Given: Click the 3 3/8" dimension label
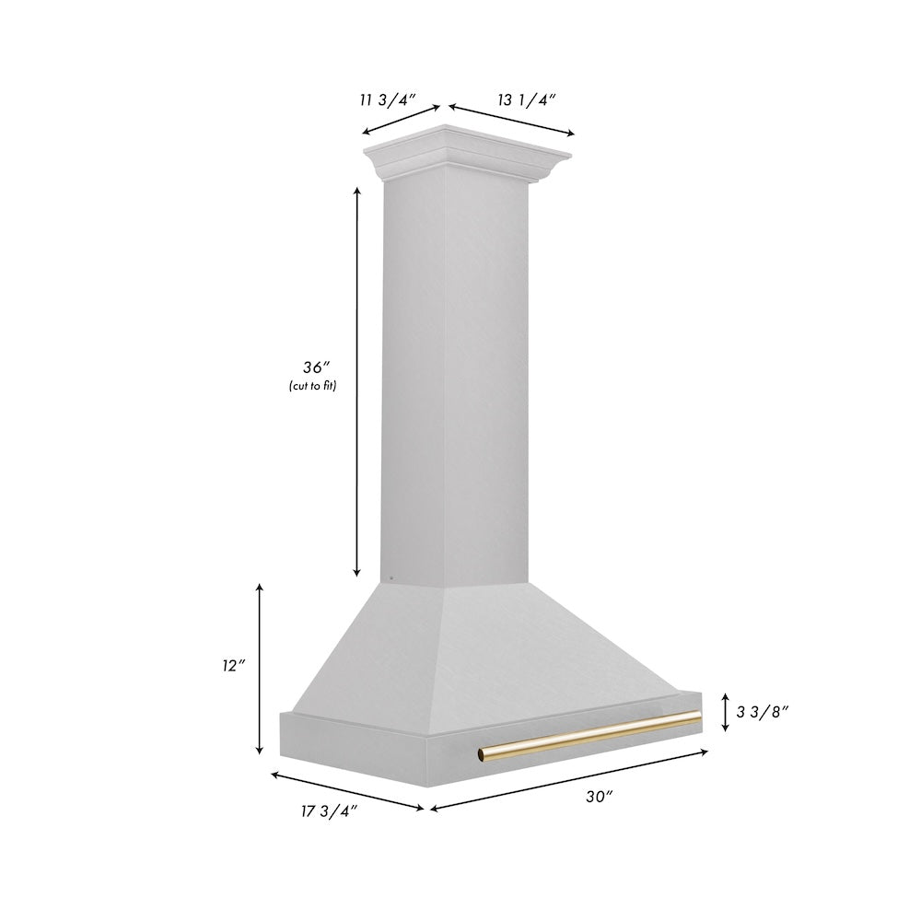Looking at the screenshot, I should [x=764, y=711].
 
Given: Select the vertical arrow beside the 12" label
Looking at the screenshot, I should [x=261, y=668].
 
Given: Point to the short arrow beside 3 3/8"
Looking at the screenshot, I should [x=726, y=711].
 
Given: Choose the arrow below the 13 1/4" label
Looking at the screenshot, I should [x=511, y=120].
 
